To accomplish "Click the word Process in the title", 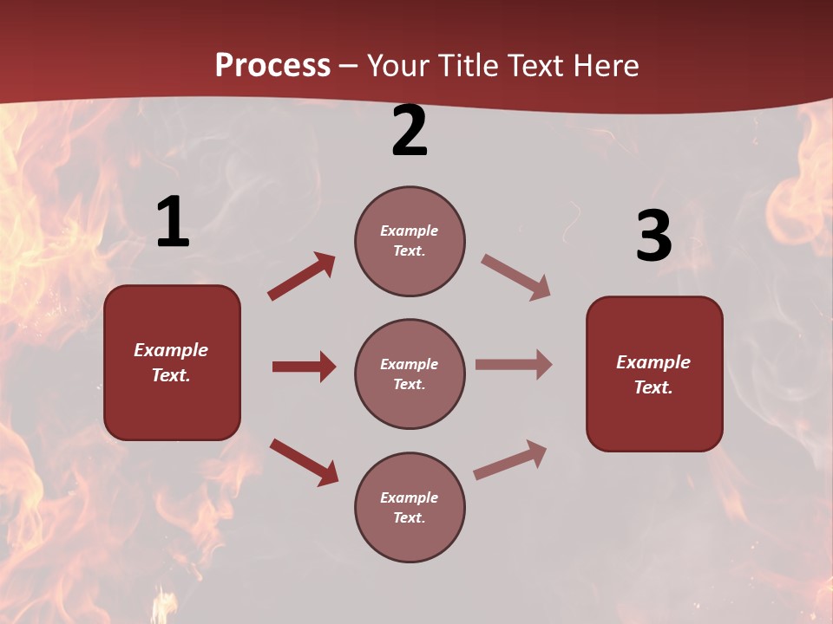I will (x=272, y=66).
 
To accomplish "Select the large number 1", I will (x=173, y=223).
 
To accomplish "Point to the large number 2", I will (x=410, y=132).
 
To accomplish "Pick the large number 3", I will (x=653, y=237).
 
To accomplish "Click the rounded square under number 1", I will (x=172, y=362).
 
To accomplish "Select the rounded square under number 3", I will (x=654, y=374).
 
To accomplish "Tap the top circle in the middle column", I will (x=410, y=241).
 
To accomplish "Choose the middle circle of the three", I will (x=410, y=374).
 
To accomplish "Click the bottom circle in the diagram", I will (x=410, y=507).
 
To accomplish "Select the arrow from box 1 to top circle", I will (x=301, y=276).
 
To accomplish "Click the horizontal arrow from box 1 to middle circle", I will (x=304, y=367).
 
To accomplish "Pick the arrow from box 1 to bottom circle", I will (x=304, y=461).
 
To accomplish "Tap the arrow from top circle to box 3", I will (x=515, y=277).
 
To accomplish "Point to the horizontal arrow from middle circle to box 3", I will (x=514, y=365).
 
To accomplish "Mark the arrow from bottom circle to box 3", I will (x=510, y=459).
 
